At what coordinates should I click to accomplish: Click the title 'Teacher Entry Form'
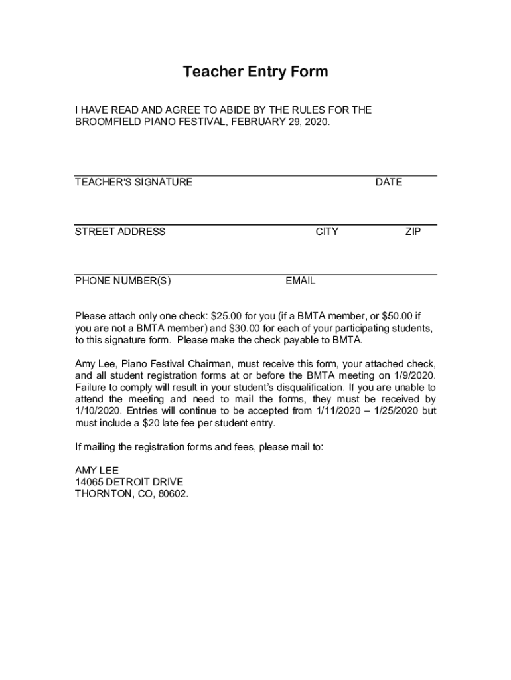(x=256, y=72)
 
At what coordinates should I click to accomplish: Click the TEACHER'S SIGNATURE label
(x=133, y=182)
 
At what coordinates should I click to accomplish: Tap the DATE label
(x=388, y=182)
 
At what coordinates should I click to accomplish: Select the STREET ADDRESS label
(x=120, y=232)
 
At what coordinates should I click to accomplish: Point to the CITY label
(x=327, y=232)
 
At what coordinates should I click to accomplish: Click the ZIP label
(x=413, y=232)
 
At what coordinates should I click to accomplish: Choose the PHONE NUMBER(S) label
(x=123, y=281)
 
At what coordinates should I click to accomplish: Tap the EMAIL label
(x=301, y=281)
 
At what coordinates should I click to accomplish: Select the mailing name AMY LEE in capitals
(x=97, y=470)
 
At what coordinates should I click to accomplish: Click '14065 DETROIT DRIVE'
(x=129, y=482)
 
